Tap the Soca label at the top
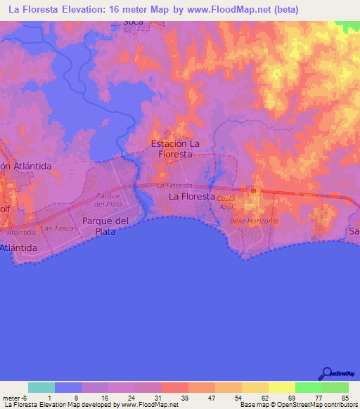point(133,22)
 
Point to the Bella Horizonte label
point(255,221)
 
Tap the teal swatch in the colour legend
point(41,387)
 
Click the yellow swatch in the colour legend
point(281,387)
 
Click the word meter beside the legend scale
point(10,397)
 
